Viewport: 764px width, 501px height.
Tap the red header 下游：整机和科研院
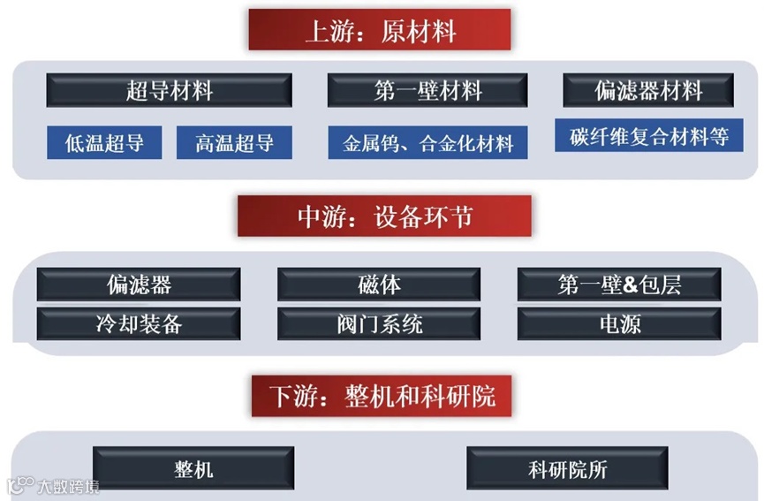point(382,395)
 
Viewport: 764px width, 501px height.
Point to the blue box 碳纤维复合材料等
point(648,137)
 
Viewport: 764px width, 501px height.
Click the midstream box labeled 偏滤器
point(139,285)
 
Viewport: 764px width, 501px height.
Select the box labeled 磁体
point(379,285)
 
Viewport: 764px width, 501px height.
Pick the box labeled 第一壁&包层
point(619,285)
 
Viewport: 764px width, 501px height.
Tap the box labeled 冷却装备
point(139,323)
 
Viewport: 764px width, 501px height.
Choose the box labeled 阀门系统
point(379,323)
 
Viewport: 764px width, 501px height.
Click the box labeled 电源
point(619,323)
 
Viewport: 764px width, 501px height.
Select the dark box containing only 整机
point(193,467)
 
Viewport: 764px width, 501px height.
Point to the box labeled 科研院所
point(568,467)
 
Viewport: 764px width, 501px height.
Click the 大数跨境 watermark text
point(67,486)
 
